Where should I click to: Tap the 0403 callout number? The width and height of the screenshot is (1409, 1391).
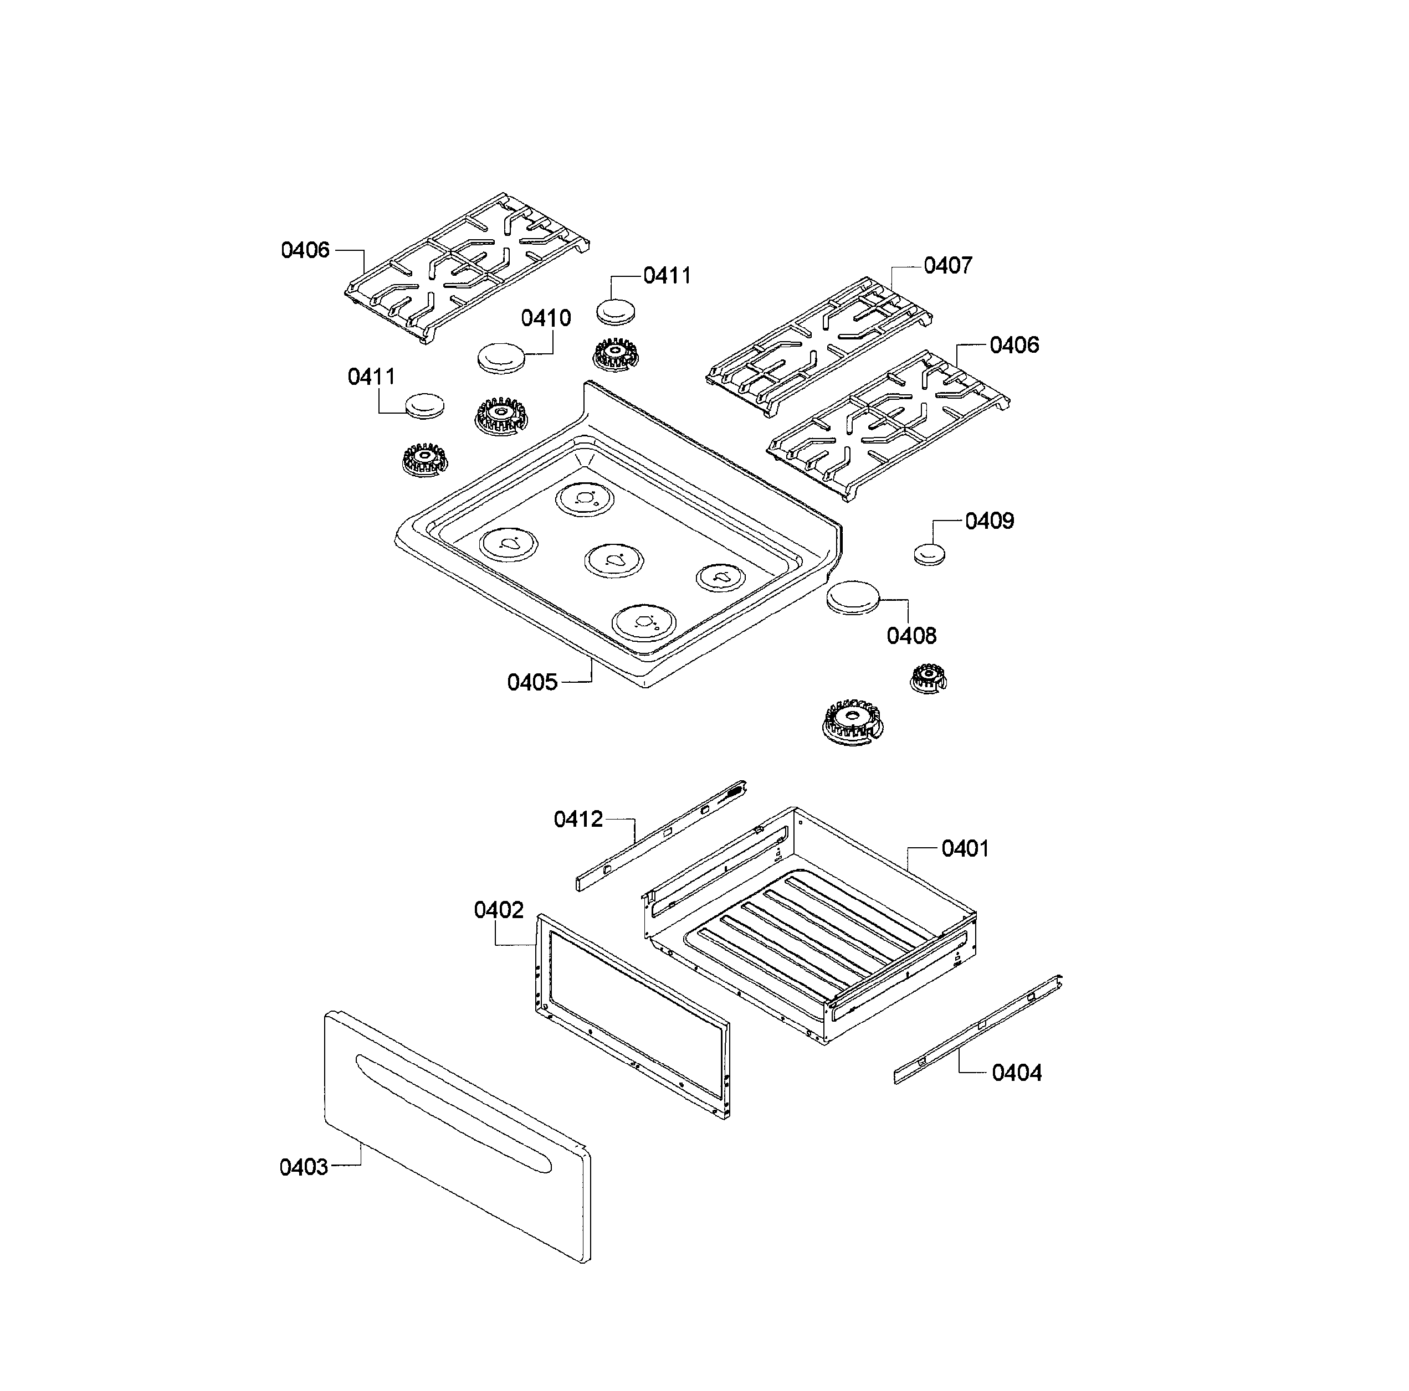(x=304, y=1167)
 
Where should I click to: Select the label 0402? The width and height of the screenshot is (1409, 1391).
(x=498, y=910)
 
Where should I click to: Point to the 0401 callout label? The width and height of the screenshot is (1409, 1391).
(x=964, y=848)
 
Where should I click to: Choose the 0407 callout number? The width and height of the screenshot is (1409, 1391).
(x=947, y=266)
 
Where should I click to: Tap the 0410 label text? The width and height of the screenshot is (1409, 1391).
(x=546, y=318)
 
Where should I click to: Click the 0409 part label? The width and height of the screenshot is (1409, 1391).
(x=989, y=521)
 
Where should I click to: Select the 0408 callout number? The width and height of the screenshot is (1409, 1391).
(x=911, y=636)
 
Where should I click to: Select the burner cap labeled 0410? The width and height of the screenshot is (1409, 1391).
(x=503, y=358)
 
